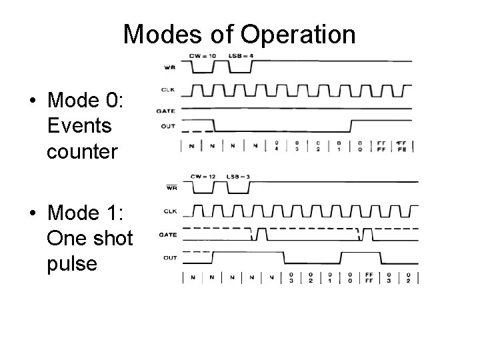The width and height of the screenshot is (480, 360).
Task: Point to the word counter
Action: pyautogui.click(x=82, y=152)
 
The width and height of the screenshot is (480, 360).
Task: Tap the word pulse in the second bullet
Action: pyautogui.click(x=72, y=264)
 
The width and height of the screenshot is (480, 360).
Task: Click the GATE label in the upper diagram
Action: pyautogui.click(x=167, y=109)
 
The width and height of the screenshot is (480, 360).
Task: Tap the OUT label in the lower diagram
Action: pyautogui.click(x=171, y=257)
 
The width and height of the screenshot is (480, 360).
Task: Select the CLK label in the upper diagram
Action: pyautogui.click(x=169, y=89)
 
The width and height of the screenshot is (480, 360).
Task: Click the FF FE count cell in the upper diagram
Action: pyautogui.click(x=401, y=147)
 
